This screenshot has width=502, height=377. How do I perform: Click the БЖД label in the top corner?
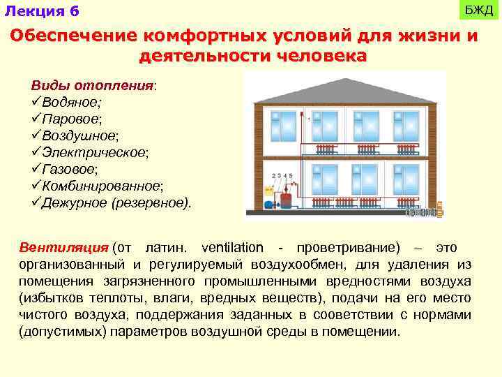pos(479,10)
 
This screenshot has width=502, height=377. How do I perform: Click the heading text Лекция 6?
pos(42,11)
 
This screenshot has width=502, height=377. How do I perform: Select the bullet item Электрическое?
pos(95,152)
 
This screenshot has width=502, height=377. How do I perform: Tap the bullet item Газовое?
pos(69,169)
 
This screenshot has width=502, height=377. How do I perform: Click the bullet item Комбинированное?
pos(102,186)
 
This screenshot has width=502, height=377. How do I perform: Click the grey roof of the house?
pos(342,87)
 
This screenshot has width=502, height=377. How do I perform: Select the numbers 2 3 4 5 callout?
pos(282,175)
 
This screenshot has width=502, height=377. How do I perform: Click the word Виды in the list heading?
pos(46,86)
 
